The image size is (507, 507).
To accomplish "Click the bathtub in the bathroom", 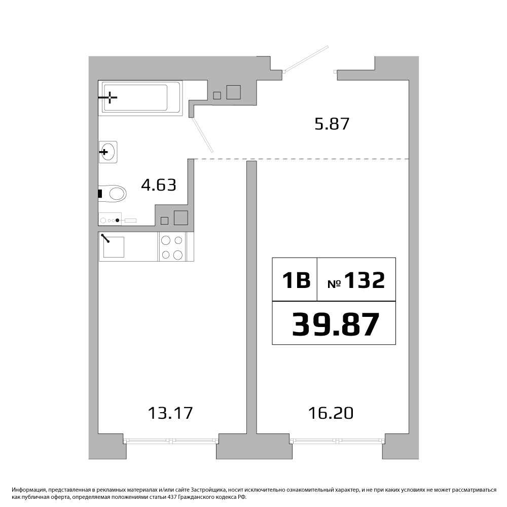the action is coord(140,98).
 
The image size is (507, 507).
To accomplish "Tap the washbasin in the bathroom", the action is coord(108,152).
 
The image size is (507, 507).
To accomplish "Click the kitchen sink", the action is coord(113,247).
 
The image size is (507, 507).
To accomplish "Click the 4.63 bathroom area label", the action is coord(159,185).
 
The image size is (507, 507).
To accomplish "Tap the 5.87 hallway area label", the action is coord(332,124).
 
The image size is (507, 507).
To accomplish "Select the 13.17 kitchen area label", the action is coord(170,413).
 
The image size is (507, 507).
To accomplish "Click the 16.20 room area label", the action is coord(331,413).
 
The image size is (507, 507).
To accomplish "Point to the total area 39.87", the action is coord(335,324).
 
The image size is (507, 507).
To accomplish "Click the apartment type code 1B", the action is coord(296,280).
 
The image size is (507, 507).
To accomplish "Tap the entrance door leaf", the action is coord(306,58).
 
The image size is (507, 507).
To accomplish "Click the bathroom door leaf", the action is coord(203,134).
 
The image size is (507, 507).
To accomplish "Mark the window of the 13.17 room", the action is coord(171,441).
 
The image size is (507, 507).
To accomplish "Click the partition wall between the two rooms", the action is coord(251,298).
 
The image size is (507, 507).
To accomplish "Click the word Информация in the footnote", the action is coord(26,490).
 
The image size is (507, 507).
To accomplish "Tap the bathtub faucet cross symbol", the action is coord(110,97).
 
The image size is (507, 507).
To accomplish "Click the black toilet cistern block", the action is coord(100,194).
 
